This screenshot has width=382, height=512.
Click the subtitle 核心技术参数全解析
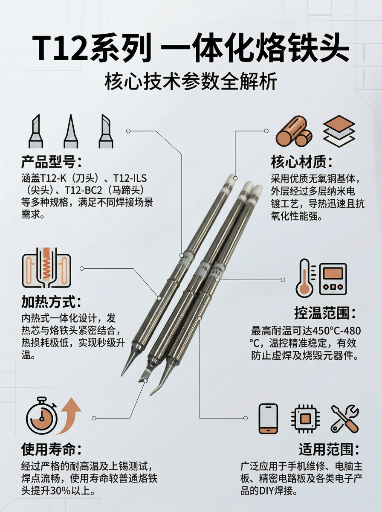(x=191, y=81)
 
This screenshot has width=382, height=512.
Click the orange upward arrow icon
(x=69, y=416)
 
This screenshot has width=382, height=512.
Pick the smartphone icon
(x=269, y=418)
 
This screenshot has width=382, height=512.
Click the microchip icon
(x=305, y=419)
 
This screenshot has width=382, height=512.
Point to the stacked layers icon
(x=339, y=131)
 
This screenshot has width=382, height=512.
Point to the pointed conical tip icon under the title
(x=71, y=131)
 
